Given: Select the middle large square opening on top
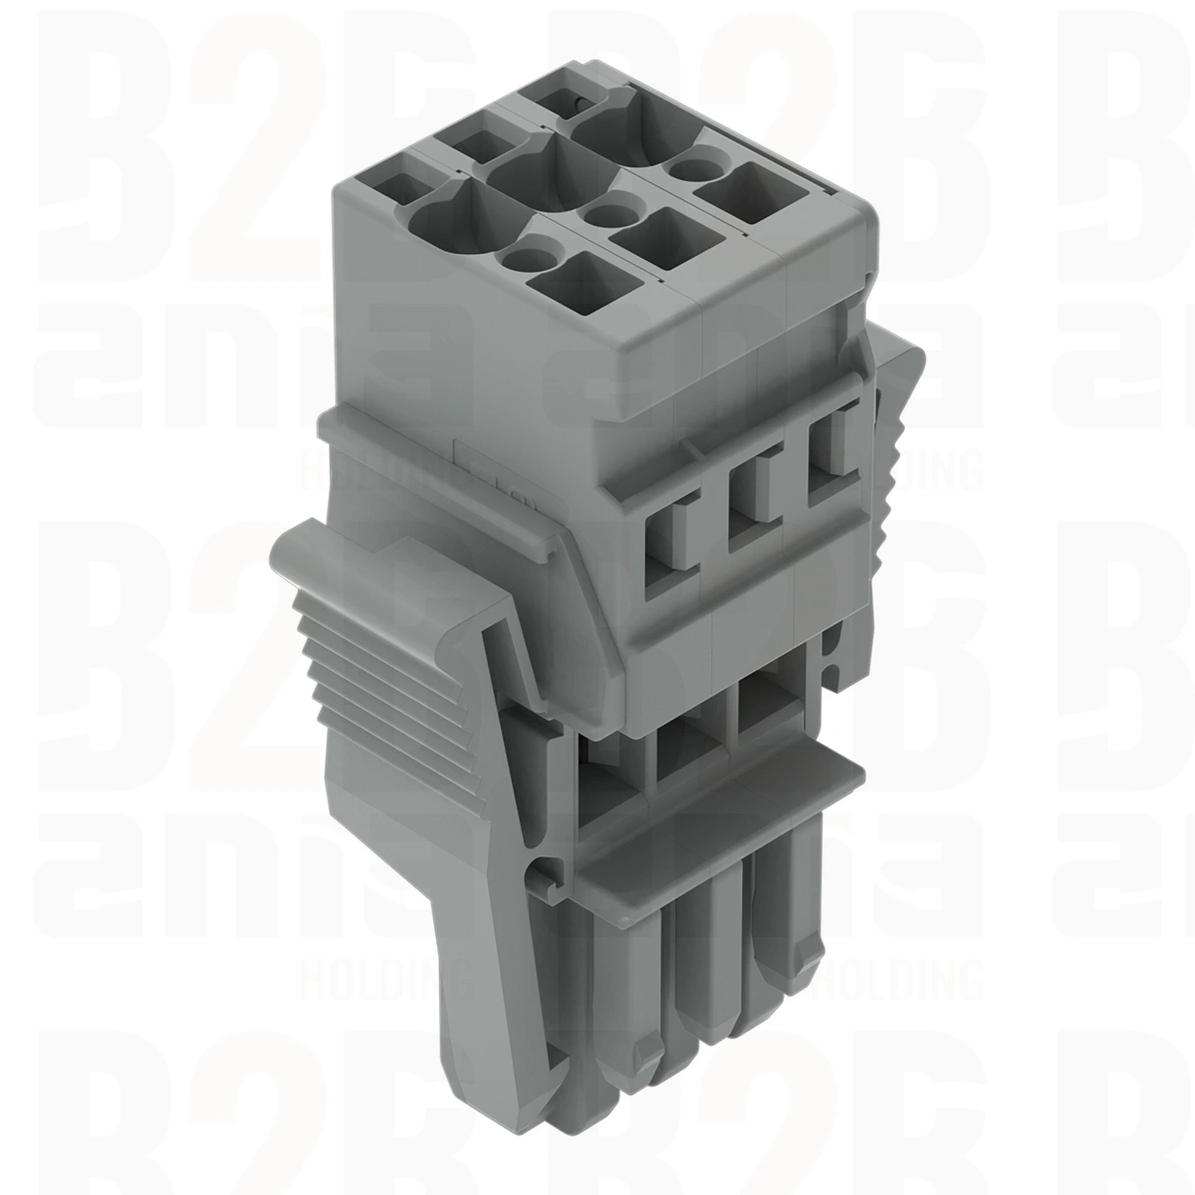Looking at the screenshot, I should (x=653, y=237).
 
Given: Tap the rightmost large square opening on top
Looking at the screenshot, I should (x=737, y=193).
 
